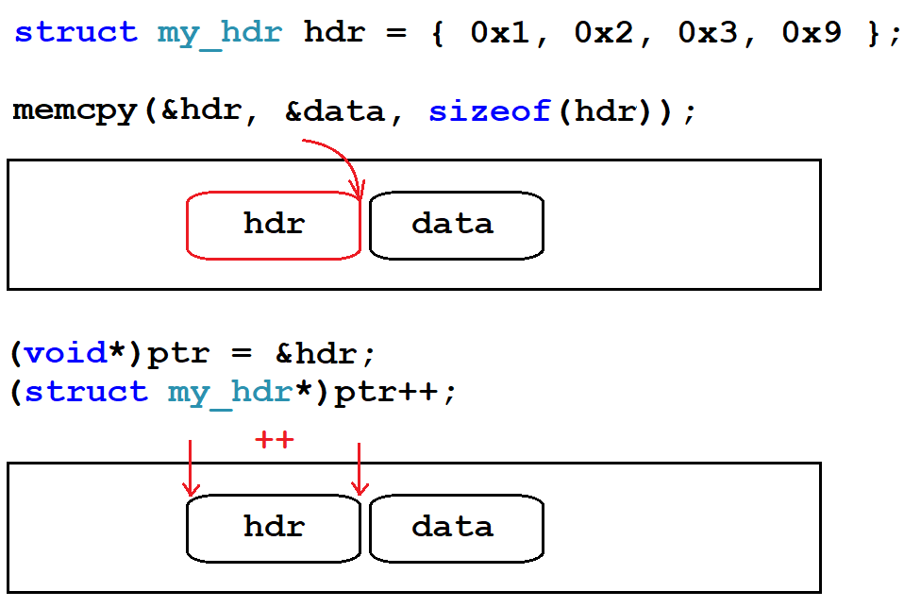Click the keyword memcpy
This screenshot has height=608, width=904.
pyautogui.click(x=75, y=111)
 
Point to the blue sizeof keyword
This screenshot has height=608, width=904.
pyautogui.click(x=490, y=111)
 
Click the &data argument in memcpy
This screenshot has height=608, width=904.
pyautogui.click(x=335, y=111)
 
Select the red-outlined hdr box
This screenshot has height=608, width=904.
pyautogui.click(x=274, y=225)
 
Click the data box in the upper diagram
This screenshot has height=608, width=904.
pyautogui.click(x=456, y=225)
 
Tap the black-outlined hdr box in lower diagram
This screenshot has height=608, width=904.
pyautogui.click(x=274, y=527)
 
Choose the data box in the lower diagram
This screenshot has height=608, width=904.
pyautogui.click(x=456, y=527)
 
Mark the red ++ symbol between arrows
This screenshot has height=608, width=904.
pyautogui.click(x=275, y=440)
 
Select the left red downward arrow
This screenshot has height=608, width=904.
pyautogui.click(x=191, y=467)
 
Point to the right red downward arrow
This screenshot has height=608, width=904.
pyautogui.click(x=359, y=467)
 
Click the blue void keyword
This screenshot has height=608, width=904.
pyautogui.click(x=65, y=354)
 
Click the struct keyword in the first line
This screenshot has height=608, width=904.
pyautogui.click(x=75, y=33)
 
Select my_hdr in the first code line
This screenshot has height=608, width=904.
pyautogui.click(x=219, y=33)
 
